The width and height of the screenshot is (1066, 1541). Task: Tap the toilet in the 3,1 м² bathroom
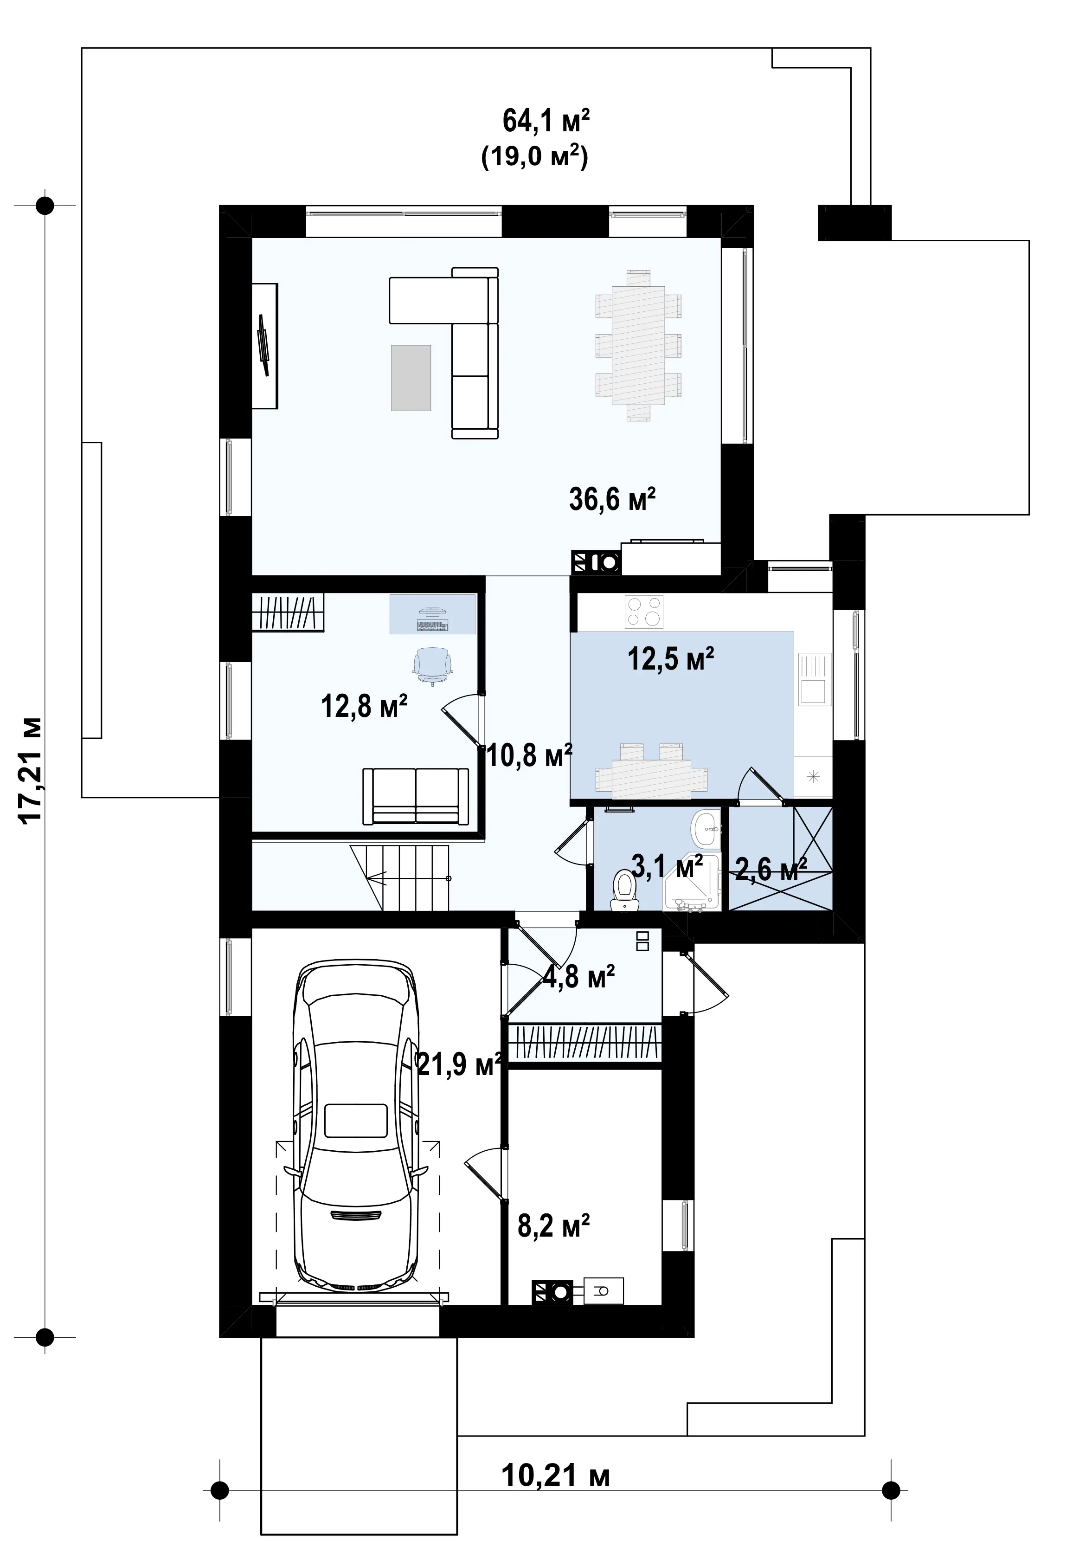pyautogui.click(x=625, y=889)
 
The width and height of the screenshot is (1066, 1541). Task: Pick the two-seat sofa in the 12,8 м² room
pyautogui.click(x=416, y=796)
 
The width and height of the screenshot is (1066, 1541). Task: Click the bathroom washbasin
pyautogui.click(x=706, y=829)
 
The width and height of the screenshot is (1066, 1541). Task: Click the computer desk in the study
pyautogui.click(x=433, y=614)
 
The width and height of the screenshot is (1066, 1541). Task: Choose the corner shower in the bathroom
pyautogui.click(x=693, y=882)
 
